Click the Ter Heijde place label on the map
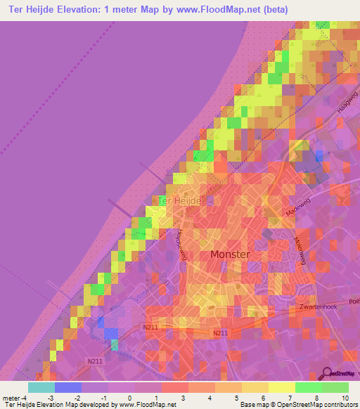[180, 201]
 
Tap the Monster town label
[230, 254]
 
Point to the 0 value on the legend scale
[130, 398]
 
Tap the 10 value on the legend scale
[344, 398]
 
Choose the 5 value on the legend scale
[237, 398]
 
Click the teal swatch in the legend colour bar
[41, 387]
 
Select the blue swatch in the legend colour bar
[67, 387]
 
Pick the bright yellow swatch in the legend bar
[281, 387]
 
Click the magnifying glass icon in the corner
[326, 373]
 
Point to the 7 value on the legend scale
[280, 398]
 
